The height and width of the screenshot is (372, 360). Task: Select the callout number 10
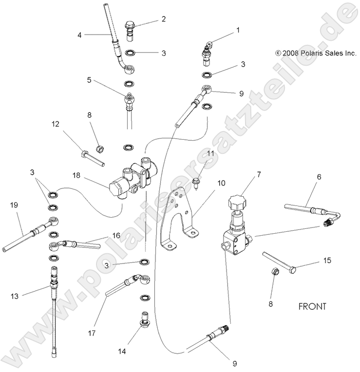(x=222, y=183)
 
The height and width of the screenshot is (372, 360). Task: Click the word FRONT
(x=312, y=307)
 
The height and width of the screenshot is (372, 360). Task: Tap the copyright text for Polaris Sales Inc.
(x=316, y=54)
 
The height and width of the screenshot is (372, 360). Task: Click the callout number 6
(x=319, y=178)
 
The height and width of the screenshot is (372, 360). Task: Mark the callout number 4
(x=80, y=35)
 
